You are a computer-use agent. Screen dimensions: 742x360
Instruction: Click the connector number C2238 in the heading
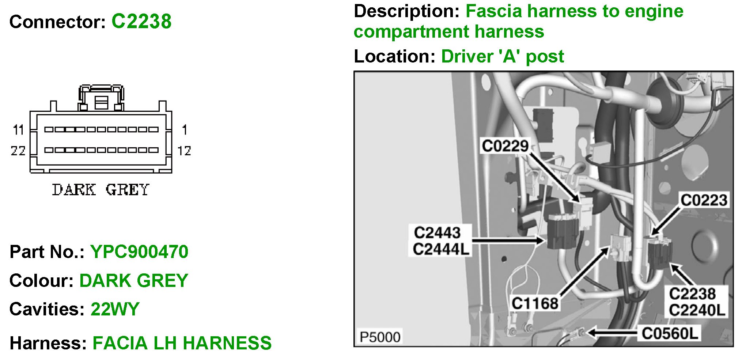coord(141,21)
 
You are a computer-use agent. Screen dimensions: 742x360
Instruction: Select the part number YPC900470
coord(139,252)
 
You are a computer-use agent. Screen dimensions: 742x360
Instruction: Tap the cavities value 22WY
coord(115,309)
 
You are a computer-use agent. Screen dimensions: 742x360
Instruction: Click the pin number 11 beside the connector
coord(19,130)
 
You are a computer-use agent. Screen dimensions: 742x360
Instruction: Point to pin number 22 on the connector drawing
coord(18,151)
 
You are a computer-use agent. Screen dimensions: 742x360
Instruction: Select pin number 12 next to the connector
coord(184,151)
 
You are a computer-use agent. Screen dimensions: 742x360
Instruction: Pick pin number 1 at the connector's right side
coord(185,130)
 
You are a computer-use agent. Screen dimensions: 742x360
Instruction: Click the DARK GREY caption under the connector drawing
coord(101,190)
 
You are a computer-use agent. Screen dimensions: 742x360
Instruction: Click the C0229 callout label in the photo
coord(505,146)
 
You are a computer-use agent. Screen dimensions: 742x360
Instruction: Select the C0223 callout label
coord(704,200)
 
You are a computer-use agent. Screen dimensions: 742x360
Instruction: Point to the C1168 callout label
coord(535,303)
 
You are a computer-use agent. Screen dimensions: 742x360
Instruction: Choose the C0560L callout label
coord(670,333)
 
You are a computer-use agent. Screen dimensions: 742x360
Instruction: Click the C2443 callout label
coord(437,232)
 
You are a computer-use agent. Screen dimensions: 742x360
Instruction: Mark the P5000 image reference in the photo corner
coord(380,337)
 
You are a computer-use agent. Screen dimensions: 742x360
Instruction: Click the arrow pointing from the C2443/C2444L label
coord(508,240)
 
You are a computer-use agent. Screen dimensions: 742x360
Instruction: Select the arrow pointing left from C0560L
coord(612,333)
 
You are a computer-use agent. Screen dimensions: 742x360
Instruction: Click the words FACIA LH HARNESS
coord(182,343)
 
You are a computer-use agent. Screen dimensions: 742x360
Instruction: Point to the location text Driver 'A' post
coord(503,56)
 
